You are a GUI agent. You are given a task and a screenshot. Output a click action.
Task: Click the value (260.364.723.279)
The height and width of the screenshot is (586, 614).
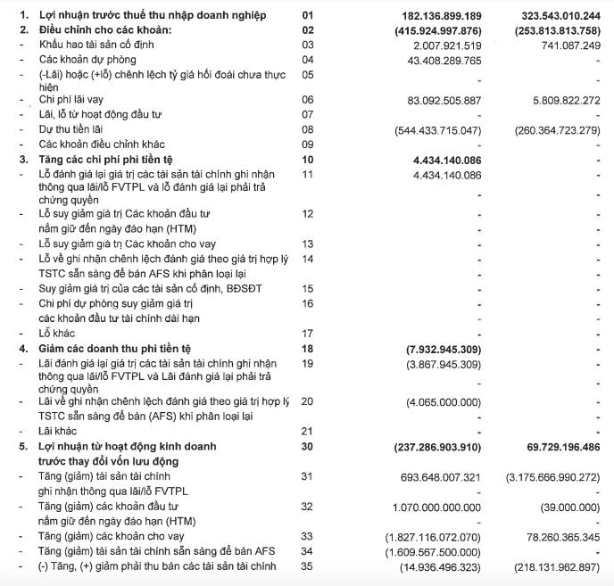[x=555, y=129]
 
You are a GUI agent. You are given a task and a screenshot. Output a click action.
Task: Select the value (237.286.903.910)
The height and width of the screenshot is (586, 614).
[x=432, y=445]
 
